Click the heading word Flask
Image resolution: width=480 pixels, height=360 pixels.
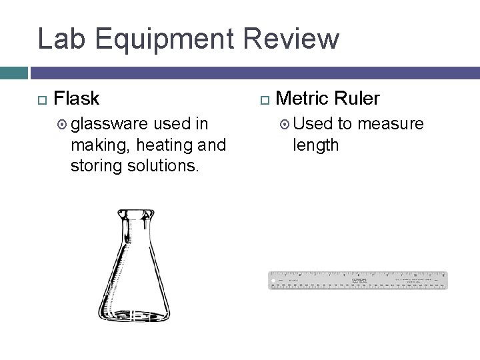pyautogui.click(x=76, y=99)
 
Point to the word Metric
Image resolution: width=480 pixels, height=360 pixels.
pyautogui.click(x=303, y=99)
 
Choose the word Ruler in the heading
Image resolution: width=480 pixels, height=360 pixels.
pyautogui.click(x=358, y=99)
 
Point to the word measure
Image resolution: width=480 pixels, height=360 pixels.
pyautogui.click(x=391, y=123)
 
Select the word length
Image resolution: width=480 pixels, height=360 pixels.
pyautogui.click(x=316, y=145)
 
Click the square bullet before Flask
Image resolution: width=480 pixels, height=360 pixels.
pyautogui.click(x=41, y=100)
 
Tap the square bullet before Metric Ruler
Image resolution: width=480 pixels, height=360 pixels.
pyautogui.click(x=264, y=100)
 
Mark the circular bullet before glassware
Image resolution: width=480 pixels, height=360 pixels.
pyautogui.click(x=63, y=124)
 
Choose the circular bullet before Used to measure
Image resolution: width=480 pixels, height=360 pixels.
pyautogui.click(x=285, y=124)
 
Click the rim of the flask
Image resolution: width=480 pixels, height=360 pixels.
pyautogui.click(x=136, y=214)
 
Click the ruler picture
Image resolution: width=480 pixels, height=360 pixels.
pyautogui.click(x=357, y=281)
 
